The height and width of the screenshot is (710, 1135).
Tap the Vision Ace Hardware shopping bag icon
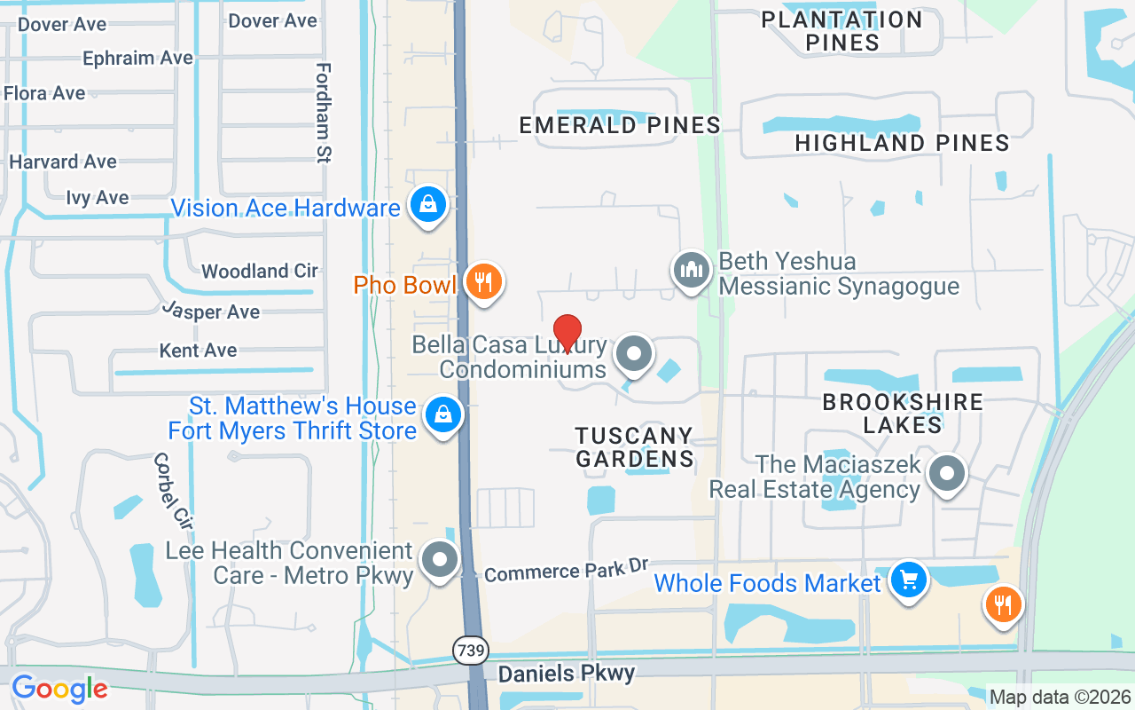coord(428,205)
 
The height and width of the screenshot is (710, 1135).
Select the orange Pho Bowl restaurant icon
coord(483,282)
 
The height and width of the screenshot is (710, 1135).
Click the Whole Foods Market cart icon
coord(908,581)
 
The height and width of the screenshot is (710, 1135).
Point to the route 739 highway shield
coord(471,651)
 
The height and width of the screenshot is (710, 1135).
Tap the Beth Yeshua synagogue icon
coord(691,269)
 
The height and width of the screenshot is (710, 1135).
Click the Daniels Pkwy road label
coord(566,674)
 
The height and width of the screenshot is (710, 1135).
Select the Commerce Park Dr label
coord(567,571)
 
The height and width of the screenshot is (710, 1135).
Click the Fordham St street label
coord(323,113)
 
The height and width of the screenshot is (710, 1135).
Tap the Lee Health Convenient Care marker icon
coord(439,560)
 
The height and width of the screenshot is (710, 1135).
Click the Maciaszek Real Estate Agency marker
coord(946,474)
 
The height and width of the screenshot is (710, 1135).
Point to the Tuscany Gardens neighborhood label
coord(634,446)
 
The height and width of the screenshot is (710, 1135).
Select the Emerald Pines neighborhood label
coord(620,125)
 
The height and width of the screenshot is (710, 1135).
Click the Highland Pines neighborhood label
coord(902,142)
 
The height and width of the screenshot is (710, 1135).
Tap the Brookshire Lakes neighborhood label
coord(903,413)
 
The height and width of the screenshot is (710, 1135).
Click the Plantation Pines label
coord(842,30)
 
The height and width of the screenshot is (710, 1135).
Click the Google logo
coord(59,689)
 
